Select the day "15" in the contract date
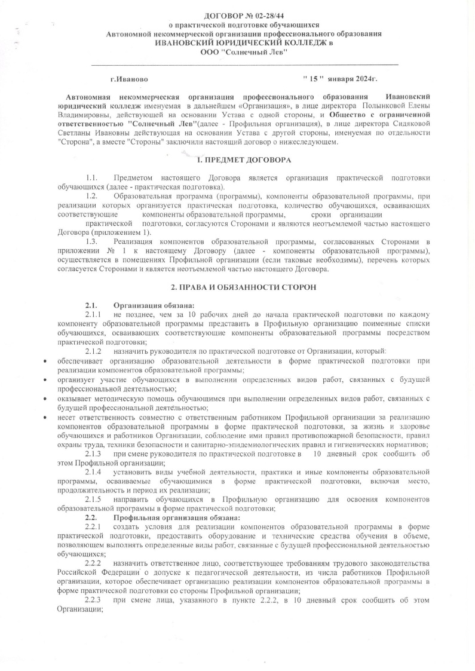312,78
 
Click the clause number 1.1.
91,178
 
